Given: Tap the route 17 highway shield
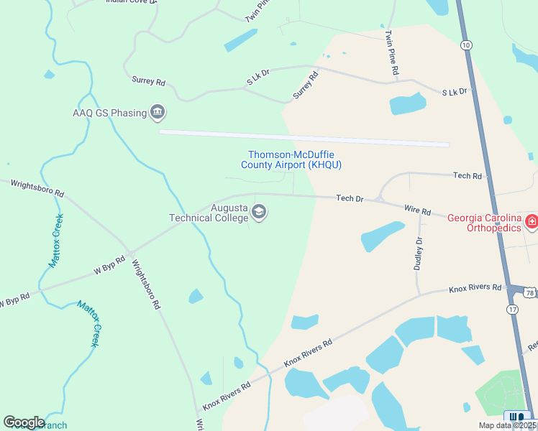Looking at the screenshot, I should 511,308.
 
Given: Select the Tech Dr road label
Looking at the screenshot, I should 350,198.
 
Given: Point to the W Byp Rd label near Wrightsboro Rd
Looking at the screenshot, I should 104,270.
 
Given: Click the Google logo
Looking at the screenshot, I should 24,422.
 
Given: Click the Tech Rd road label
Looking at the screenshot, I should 467,175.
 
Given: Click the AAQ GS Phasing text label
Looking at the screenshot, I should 109,113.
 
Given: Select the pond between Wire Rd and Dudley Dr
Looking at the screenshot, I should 382,236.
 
